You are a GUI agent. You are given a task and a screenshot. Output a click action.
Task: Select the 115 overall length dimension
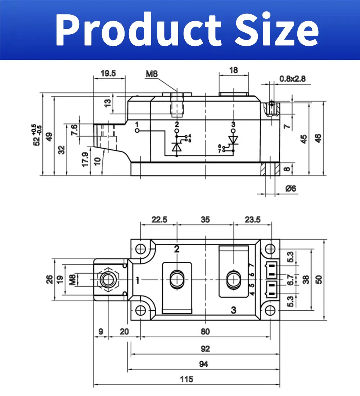pyautogui.click(x=186, y=379)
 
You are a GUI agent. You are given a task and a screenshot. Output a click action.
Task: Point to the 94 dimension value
pyautogui.click(x=203, y=364)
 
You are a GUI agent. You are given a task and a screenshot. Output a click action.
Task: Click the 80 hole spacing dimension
pyautogui.click(x=205, y=331)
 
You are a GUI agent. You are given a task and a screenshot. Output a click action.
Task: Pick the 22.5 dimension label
pyautogui.click(x=159, y=220)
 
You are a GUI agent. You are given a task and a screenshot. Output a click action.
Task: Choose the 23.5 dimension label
pyautogui.click(x=252, y=220)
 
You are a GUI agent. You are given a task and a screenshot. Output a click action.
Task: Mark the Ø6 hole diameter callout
pyautogui.click(x=291, y=189)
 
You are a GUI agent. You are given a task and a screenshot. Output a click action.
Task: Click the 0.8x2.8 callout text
pyautogui.click(x=292, y=78)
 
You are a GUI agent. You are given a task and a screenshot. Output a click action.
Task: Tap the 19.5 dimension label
pyautogui.click(x=108, y=73)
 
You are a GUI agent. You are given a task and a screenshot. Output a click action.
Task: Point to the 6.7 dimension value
pyautogui.click(x=291, y=279)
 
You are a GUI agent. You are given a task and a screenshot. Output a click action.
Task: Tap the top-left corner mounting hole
pyautogui.click(x=140, y=249)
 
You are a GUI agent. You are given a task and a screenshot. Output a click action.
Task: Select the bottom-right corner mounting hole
pyautogui.click(x=270, y=310)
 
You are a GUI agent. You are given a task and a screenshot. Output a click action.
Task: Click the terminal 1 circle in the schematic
pyautogui.click(x=137, y=131)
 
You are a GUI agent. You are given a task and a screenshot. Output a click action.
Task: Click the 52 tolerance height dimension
pyautogui.click(x=36, y=135)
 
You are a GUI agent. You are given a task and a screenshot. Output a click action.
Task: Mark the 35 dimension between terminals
pyautogui.click(x=205, y=220)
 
